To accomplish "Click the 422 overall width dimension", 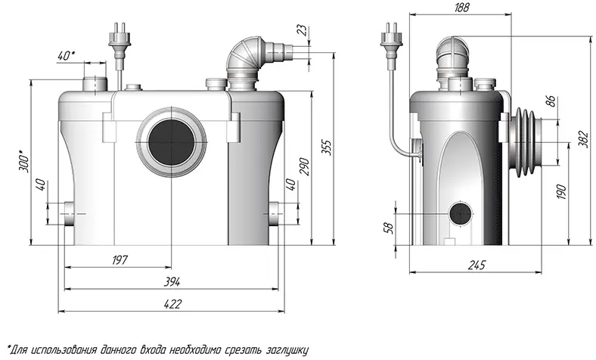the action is pos(173,304).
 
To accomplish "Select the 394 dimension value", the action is pos(172,281).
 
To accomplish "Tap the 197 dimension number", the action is pos(120,260).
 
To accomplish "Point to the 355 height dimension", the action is pos(327,148).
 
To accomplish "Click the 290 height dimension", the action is pos(305,166).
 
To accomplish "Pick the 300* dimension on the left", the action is pos(23,161).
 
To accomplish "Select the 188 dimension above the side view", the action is pos(461,8).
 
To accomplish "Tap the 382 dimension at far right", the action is pos(585,139).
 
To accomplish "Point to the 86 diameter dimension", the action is pos(551,101).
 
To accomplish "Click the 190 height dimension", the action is pos(562,191).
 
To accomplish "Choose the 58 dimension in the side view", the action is pos(389,228).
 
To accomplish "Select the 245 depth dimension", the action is pos(476,265).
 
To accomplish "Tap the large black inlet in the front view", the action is pos(172,141).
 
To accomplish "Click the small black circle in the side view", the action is pos(461,214).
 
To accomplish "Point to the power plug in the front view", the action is pos(120,38).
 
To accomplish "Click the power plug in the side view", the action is pos(392,39).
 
